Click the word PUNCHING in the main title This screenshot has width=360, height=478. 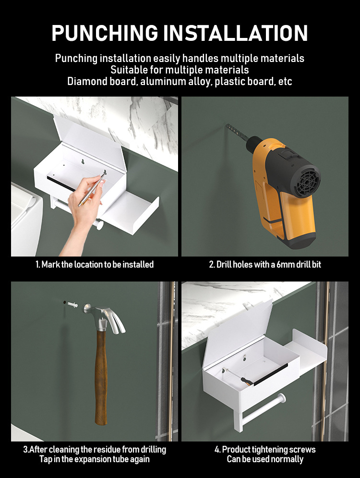click(105, 33)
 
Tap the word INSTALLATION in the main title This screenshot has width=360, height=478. click(235, 33)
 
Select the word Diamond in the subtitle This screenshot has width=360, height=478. click(86, 81)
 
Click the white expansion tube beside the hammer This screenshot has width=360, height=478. click(72, 304)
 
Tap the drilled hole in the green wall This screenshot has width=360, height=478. click(65, 302)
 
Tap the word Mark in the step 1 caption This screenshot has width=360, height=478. click(50, 264)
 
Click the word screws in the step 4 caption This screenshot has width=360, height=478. click(302, 449)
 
